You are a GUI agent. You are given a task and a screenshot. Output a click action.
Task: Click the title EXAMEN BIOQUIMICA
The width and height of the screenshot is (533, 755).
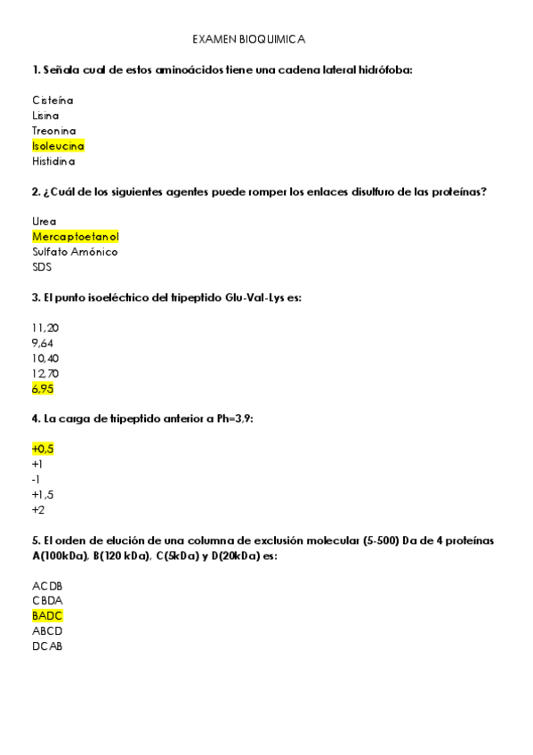pos(249,40)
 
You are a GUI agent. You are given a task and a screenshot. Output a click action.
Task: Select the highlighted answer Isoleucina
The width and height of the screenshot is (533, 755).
pos(58,146)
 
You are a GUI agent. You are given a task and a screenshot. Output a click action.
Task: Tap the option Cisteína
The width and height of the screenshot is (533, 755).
pos(52,100)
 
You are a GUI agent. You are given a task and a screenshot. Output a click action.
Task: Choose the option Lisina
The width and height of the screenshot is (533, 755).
pos(45,115)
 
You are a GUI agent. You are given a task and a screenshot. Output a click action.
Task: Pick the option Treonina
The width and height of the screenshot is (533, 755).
pos(53,131)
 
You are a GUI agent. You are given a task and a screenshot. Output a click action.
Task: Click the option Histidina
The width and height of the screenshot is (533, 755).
pos(53,162)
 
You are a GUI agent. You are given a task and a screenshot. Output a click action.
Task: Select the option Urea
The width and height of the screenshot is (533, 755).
pos(44,221)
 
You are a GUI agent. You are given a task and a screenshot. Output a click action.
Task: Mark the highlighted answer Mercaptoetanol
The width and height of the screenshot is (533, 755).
pos(75,237)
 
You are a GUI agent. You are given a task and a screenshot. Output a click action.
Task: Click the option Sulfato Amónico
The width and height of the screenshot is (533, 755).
pos(75,252)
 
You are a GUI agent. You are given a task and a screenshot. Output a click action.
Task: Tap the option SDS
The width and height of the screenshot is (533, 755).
pos(41,267)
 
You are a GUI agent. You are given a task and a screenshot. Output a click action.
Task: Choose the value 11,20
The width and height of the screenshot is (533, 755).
pos(45,328)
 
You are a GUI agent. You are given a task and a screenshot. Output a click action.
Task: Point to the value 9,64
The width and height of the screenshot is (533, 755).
pos(43,343)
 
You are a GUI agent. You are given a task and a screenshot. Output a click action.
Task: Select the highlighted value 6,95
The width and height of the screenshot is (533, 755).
pos(43,389)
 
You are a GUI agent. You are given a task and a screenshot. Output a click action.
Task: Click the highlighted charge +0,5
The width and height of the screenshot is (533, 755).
pos(43,450)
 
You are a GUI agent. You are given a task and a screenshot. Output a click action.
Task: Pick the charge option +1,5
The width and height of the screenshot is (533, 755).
pos(43,494)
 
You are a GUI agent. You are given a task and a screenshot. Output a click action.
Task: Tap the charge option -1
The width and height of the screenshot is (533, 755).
pos(36,479)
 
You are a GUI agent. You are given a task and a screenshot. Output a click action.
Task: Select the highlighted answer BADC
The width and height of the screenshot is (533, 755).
pos(47,615)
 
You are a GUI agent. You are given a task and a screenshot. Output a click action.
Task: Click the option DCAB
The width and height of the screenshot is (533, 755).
pos(47,646)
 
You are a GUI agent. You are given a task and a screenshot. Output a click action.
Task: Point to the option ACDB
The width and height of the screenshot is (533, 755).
pos(47,586)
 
